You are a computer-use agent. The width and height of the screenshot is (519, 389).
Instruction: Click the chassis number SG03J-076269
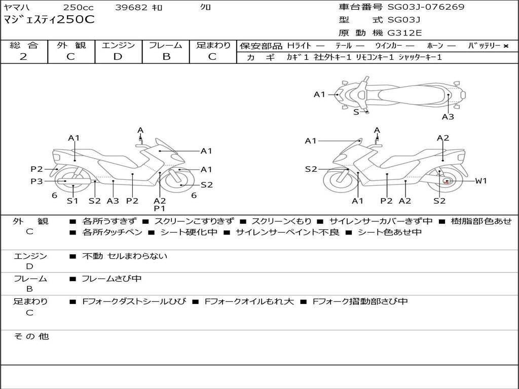pyautogui.click(x=426, y=7)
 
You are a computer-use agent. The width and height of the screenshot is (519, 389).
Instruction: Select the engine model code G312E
pyautogui.click(x=404, y=33)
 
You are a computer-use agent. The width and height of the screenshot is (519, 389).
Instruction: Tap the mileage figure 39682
pyautogui.click(x=132, y=8)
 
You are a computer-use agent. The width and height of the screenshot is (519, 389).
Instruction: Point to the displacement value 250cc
pyautogui.click(x=79, y=8)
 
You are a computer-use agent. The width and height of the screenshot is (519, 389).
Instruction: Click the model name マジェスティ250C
pyautogui.click(x=49, y=20)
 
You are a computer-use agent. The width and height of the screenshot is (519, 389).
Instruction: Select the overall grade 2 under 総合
pyautogui.click(x=23, y=57)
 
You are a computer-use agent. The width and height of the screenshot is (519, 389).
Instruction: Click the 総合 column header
pyautogui.click(x=24, y=46)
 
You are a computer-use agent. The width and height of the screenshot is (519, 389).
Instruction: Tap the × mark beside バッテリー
pyautogui.click(x=505, y=46)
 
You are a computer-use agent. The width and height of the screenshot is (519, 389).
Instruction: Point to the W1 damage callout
pyautogui.click(x=480, y=181)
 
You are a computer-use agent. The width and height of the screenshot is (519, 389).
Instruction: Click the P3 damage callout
pyautogui.click(x=36, y=181)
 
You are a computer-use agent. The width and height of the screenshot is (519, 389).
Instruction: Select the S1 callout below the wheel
pyautogui.click(x=73, y=201)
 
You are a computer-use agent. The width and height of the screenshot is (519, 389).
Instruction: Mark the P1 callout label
pyautogui.click(x=160, y=209)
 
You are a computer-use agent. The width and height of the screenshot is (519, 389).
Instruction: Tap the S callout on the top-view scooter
pyautogui.click(x=356, y=112)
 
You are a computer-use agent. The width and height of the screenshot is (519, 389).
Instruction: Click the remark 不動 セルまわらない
pyautogui.click(x=125, y=256)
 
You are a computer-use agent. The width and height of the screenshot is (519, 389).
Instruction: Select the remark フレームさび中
pyautogui.click(x=112, y=279)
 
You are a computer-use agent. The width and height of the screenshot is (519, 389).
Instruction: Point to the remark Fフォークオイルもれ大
pyautogui.click(x=249, y=302)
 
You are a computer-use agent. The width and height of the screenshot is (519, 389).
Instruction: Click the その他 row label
pyautogui.click(x=31, y=337)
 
